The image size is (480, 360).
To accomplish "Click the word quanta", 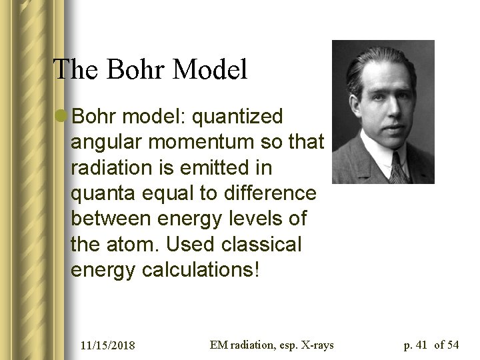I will click(x=103, y=193).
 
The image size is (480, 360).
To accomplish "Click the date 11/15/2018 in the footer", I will click(x=107, y=345).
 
